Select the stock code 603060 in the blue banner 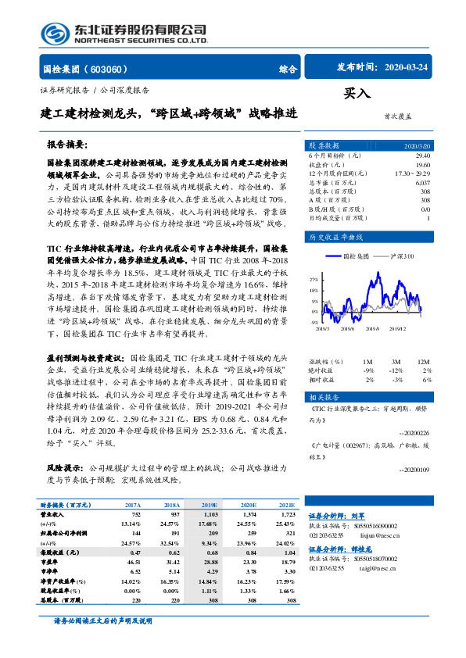(109, 68)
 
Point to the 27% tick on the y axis (314, 279)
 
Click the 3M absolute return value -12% (397, 370)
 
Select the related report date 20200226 (415, 431)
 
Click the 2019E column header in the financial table (210, 506)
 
